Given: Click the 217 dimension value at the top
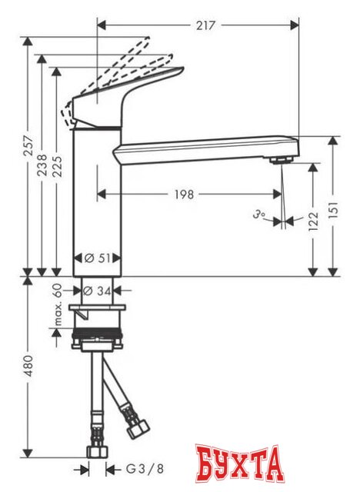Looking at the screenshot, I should pyautogui.click(x=205, y=25).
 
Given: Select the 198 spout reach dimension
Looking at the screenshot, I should pyautogui.click(x=183, y=194).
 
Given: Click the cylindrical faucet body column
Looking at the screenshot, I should pyautogui.click(x=98, y=200).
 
